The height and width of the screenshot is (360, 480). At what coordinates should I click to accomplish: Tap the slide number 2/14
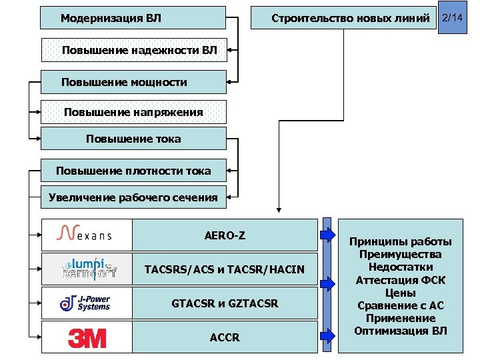click(x=452, y=17)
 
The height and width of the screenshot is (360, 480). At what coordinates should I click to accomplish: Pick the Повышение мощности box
click(x=133, y=82)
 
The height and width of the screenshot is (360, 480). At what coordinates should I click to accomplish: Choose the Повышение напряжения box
click(x=133, y=112)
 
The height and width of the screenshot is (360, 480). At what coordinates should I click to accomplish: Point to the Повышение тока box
click(x=133, y=139)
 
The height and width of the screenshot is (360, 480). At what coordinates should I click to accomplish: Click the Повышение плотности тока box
click(x=133, y=171)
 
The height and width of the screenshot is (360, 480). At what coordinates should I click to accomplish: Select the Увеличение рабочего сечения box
click(x=133, y=197)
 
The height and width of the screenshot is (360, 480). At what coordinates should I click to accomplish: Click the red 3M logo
click(x=87, y=338)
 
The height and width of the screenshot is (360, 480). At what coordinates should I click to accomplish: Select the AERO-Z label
click(x=224, y=235)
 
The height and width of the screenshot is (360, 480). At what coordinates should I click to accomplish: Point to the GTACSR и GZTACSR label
click(x=224, y=303)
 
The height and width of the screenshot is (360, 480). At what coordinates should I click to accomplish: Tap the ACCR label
click(x=224, y=337)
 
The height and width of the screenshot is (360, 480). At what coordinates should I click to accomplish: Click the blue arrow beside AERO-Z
click(x=327, y=234)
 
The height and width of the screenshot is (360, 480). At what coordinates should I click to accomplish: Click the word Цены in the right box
click(x=401, y=293)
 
